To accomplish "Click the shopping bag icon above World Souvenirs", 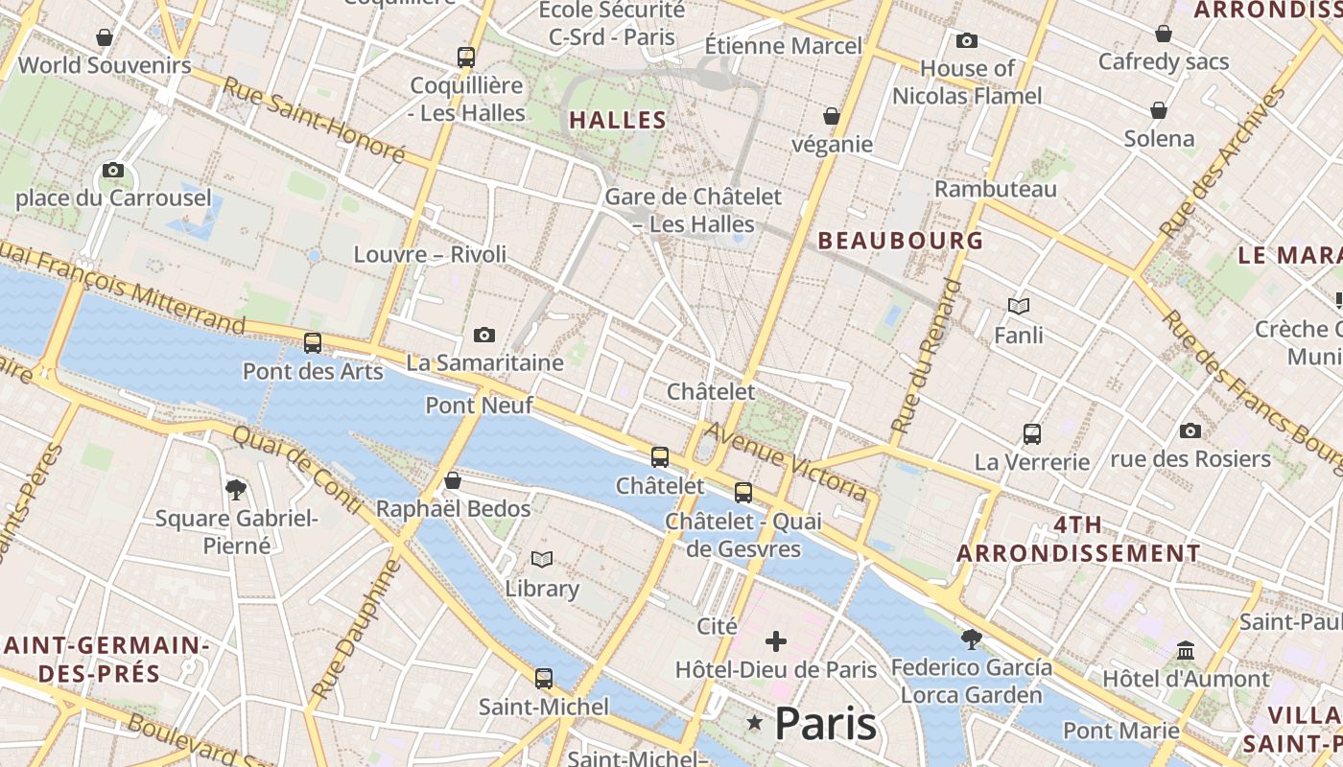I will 105,37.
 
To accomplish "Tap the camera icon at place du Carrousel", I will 113,171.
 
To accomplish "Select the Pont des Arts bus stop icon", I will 313,342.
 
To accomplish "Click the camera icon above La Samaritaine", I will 484,335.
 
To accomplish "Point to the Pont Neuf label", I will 479,405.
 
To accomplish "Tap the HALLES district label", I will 617,120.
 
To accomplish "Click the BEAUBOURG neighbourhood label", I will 900,241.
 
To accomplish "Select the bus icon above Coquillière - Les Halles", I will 466,57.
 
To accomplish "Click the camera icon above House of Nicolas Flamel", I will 966,40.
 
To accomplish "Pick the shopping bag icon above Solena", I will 1159,110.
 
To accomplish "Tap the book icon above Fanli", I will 1019,307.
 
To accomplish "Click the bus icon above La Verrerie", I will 1032,433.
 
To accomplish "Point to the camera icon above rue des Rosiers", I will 1190,430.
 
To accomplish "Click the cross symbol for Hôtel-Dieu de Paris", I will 776,640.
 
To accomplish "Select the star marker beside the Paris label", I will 755,723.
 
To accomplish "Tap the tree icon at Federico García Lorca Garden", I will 971,639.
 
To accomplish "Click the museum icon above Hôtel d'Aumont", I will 1186,650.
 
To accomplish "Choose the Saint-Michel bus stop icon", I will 544,678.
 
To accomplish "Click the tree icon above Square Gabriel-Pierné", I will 236,490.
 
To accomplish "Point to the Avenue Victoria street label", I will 786,462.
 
